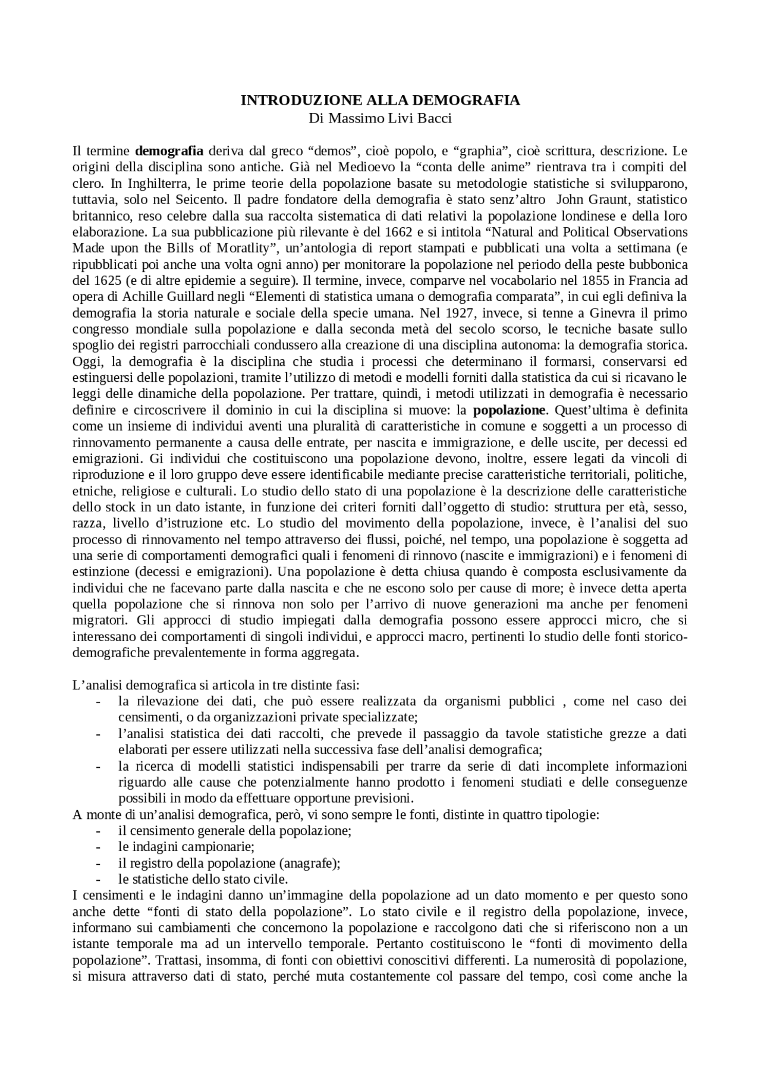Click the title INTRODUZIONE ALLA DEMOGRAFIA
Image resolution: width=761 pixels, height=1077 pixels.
pyautogui.click(x=380, y=100)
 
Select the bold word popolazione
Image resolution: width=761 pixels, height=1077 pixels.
pyautogui.click(x=509, y=410)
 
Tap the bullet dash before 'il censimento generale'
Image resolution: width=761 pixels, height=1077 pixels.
pyautogui.click(x=98, y=831)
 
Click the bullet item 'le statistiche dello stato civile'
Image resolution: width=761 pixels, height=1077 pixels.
pyautogui.click(x=203, y=879)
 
